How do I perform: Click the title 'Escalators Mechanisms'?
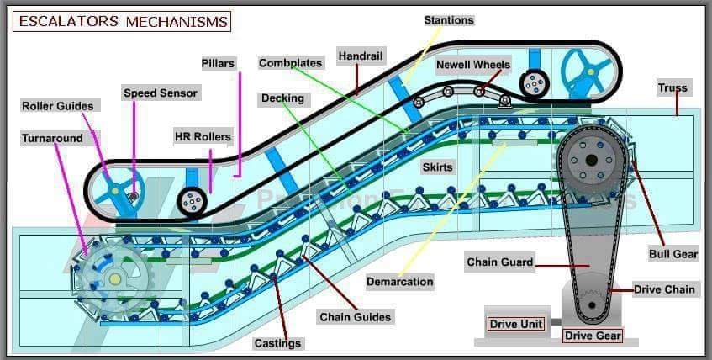pos(122,21)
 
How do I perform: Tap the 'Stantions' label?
pos(448,20)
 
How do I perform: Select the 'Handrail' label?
pos(361,56)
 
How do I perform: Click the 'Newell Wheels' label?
pos(472,64)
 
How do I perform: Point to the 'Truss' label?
pos(672,87)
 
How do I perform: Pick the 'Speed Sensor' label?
pos(160,93)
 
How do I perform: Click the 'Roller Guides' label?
pos(57,105)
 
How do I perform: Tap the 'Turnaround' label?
pos(52,138)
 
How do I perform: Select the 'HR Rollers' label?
pos(202,136)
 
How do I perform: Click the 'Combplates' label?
pos(290,63)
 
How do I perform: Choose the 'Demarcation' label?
pos(400,282)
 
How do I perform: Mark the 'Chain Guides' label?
pos(355,317)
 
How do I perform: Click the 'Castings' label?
pos(277,343)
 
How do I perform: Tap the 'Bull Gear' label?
pos(672,254)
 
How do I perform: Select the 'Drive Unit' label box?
pos(515,324)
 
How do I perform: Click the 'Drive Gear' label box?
pos(593,336)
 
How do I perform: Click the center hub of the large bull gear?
pos(591,161)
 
